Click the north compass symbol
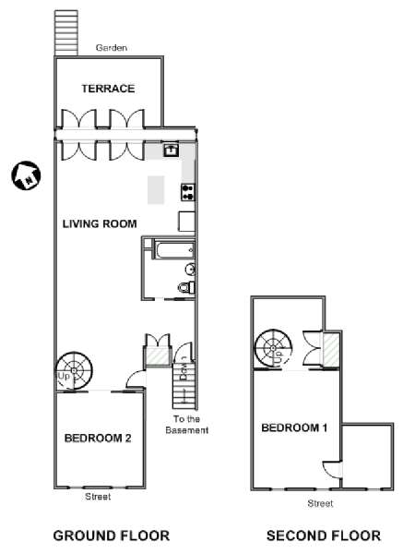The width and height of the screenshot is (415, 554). coord(26,175)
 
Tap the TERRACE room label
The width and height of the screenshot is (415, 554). coord(108,89)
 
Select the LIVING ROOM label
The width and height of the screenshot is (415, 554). coord(100,224)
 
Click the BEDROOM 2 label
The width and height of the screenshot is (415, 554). coord(98,439)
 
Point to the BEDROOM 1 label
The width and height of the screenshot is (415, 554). coord(294,428)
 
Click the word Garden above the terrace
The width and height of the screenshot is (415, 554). coord(112,48)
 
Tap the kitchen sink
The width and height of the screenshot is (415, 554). coord(172,150)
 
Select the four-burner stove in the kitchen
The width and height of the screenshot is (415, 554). coord(188,193)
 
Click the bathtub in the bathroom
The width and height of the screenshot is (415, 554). coord(173,250)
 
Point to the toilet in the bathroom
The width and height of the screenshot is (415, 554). coord(186,287)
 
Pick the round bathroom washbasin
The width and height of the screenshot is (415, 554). coord(191,270)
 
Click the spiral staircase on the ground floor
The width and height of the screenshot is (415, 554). coord(74,371)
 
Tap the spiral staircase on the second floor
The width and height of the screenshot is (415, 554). coord(274,349)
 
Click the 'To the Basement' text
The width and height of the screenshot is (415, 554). coord(186,425)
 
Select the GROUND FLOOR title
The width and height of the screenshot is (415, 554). coord(112,536)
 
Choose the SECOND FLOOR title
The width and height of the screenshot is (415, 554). coord(324,536)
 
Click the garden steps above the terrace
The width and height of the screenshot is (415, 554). coord(66,32)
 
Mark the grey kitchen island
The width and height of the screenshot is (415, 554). coord(156,189)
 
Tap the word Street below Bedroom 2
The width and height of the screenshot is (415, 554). coord(98,497)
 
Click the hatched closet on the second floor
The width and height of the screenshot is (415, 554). coord(331,349)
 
